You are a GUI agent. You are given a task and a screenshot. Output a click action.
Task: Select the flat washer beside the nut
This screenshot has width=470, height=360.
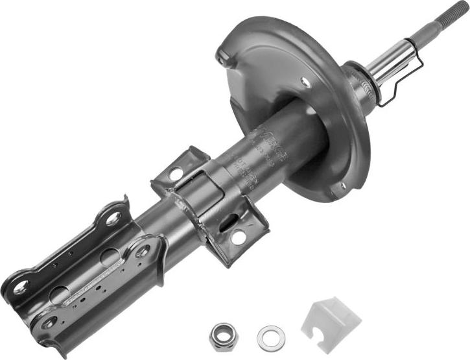pyautogui.click(x=270, y=336)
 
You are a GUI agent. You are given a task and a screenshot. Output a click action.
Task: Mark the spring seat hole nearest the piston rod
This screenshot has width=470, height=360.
pyautogui.click(x=306, y=81)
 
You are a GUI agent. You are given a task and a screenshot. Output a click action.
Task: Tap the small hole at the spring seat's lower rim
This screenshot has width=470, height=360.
pyautogui.click(x=343, y=186)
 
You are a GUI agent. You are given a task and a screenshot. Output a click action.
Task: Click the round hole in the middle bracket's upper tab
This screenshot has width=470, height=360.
pyautogui.click(x=174, y=173)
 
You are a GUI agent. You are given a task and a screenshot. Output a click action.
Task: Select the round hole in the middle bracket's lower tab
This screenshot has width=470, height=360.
pyautogui.click(x=238, y=237)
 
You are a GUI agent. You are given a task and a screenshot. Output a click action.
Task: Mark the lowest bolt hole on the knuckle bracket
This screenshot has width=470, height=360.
pyautogui.click(x=49, y=323)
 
